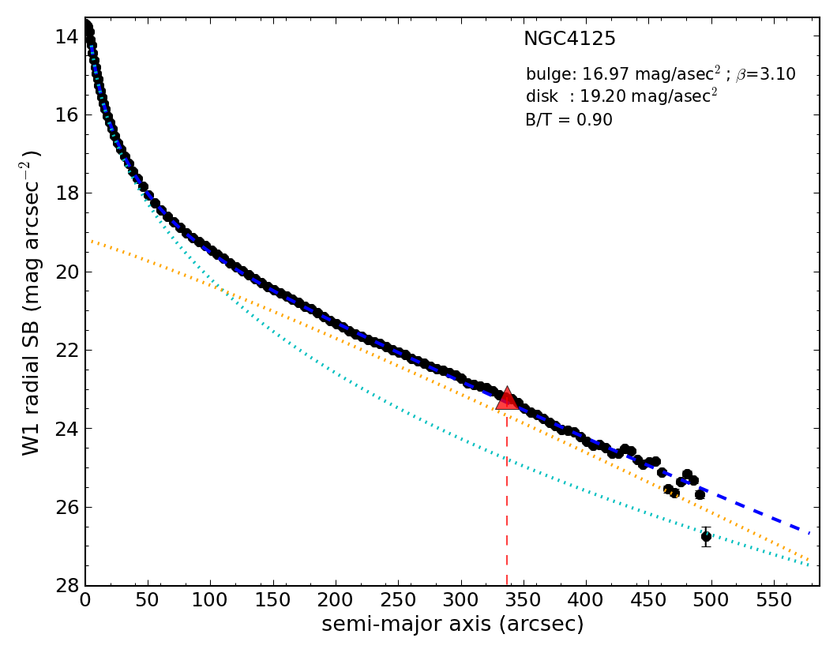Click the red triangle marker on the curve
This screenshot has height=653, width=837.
pos(507,399)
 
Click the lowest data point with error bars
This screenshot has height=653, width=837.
pos(706,536)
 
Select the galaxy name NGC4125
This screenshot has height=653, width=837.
pos(569,39)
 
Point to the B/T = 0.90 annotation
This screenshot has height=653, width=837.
pos(569,120)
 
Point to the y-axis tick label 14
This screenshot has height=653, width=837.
pos(67,36)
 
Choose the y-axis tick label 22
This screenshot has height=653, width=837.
pos(67,350)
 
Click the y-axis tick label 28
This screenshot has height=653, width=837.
pos(67,585)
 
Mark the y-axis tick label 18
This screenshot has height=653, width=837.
pos(67,193)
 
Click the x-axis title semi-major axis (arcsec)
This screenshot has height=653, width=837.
pos(452,625)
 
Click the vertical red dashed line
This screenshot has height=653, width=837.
pos(506,505)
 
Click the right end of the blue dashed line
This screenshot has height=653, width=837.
pos(809,531)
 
